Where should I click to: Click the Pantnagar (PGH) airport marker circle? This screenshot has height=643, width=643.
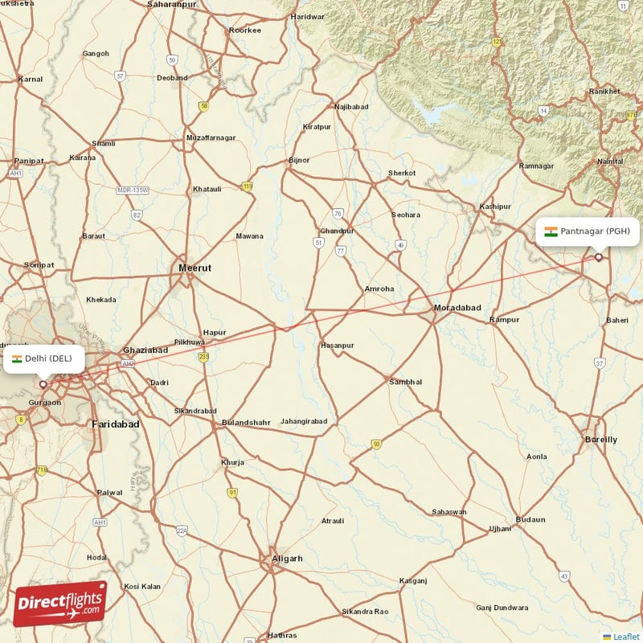598,257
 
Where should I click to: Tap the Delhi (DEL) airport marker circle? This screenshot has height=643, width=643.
43,384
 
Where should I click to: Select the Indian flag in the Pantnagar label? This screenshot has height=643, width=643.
551,231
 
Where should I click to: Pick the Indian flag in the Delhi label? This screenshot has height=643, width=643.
17,358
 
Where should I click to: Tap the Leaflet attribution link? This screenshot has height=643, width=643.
626,637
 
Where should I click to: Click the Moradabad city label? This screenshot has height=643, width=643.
457,308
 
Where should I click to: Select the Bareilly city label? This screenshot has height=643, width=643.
600,440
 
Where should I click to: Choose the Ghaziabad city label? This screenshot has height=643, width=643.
145,350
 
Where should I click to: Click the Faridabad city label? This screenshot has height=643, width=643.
116,424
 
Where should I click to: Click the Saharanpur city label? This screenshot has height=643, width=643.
172,5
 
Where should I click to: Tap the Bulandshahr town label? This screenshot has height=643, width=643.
247,422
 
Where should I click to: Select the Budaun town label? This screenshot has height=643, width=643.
530,519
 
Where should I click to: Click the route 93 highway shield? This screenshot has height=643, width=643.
375,444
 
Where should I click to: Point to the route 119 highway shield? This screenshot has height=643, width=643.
248,186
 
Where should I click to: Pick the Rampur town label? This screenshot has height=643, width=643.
504,320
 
